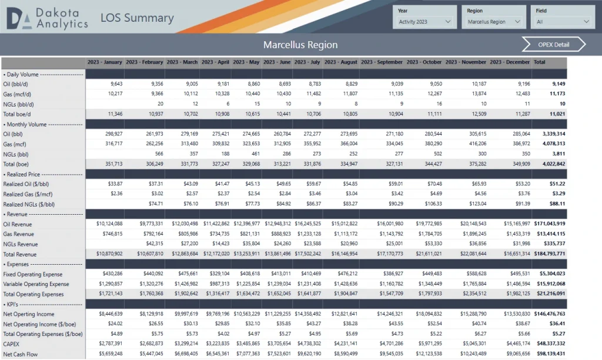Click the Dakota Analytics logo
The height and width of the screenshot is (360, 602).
[x=46, y=19]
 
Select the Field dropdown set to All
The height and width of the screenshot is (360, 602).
[x=562, y=22]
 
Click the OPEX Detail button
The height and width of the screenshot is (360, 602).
[x=553, y=45]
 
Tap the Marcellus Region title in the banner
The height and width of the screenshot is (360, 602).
[x=300, y=45]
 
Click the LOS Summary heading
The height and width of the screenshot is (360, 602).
[x=137, y=18]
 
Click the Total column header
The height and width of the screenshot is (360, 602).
[x=540, y=62]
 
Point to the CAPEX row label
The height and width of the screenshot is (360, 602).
[x=12, y=344]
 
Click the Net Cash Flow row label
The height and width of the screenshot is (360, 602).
[x=21, y=354]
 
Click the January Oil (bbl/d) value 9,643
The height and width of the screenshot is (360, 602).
[x=113, y=84]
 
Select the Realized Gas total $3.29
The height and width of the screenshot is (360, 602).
[x=557, y=194]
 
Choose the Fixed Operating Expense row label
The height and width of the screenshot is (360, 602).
[x=32, y=274]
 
